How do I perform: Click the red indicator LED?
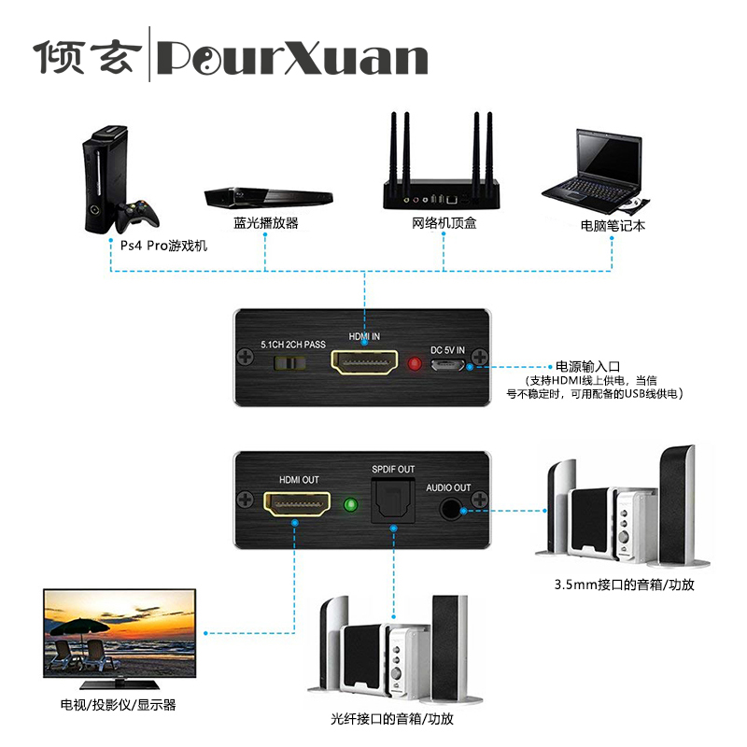click(x=415, y=362)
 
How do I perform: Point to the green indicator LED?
click(x=351, y=506)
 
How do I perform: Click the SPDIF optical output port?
click(x=392, y=501)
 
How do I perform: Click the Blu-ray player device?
click(x=269, y=197)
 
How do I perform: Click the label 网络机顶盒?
click(x=444, y=224)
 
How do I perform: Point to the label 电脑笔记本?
click(x=613, y=225)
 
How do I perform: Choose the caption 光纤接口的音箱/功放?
click(x=392, y=720)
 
